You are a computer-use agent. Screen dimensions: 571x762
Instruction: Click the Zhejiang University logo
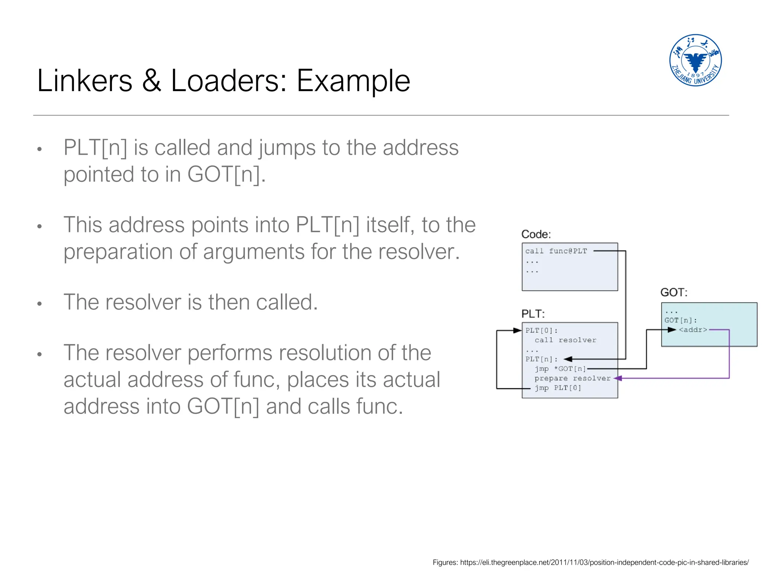pos(695,60)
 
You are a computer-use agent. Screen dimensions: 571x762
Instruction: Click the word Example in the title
pos(353,81)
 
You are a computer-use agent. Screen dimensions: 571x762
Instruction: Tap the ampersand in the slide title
pos(152,81)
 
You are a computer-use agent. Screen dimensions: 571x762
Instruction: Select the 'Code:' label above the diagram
pos(536,234)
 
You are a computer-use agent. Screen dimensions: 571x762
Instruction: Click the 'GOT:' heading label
pos(673,292)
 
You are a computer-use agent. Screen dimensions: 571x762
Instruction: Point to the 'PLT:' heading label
pos(533,314)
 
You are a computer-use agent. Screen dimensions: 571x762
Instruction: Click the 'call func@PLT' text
pos(556,251)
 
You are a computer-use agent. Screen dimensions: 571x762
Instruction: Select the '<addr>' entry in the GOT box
pos(693,330)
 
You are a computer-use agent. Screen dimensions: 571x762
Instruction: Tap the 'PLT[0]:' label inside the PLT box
pos(541,330)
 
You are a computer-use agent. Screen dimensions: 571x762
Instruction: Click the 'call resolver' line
pos(565,340)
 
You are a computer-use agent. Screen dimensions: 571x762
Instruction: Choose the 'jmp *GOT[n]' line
pos(560,369)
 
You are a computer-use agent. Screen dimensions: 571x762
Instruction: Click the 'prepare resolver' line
pos(572,378)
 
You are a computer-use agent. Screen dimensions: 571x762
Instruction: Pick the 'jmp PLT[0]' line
pos(558,388)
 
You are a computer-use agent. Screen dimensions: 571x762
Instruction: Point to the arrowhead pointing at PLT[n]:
pos(568,359)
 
